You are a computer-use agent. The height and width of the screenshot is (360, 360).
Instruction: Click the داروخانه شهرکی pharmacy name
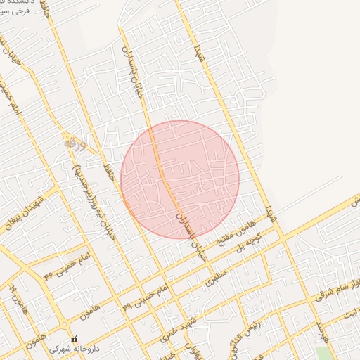tap(77, 348)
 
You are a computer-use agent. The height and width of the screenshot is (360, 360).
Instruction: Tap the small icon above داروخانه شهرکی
tap(74, 340)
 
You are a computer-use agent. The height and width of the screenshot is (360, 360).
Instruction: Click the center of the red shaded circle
tap(180, 179)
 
